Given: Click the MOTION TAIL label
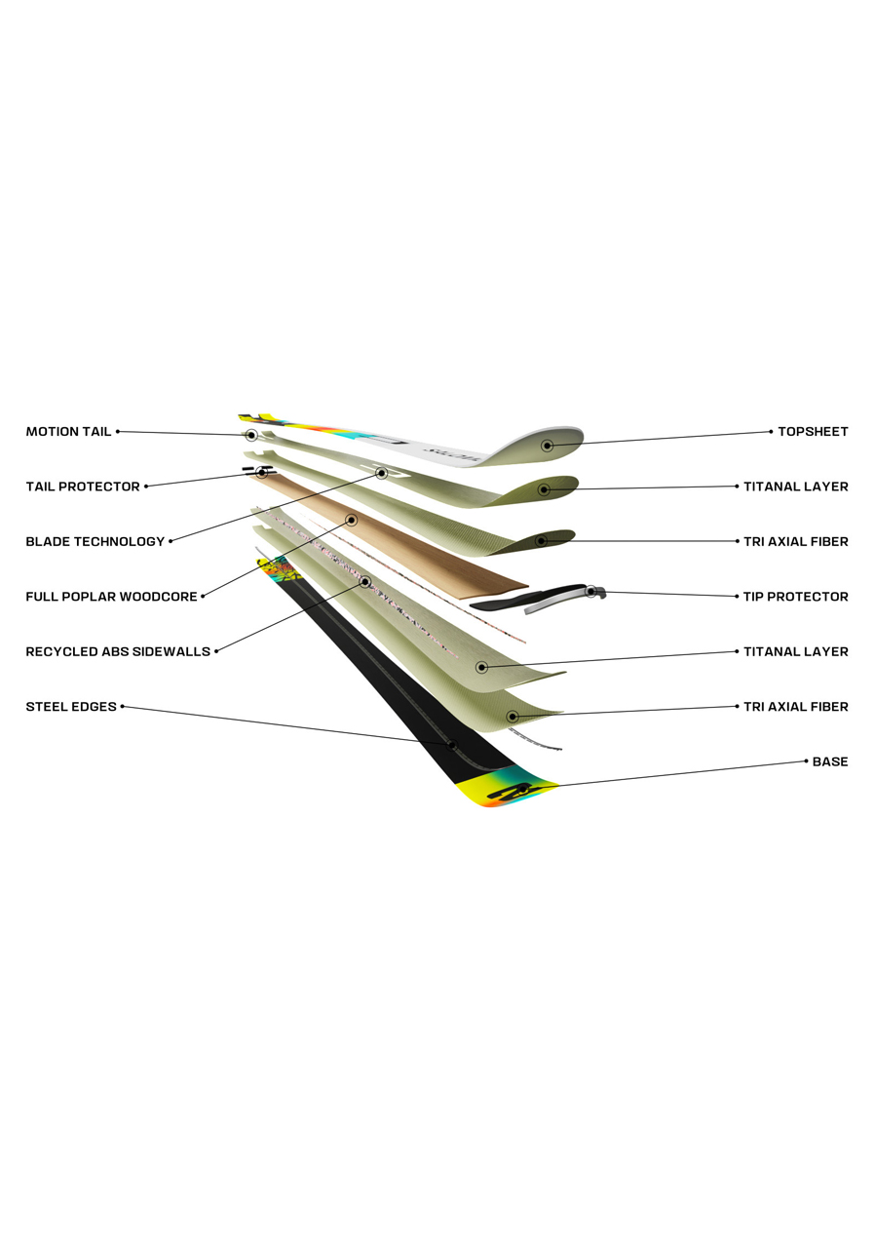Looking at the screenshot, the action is coord(68,432).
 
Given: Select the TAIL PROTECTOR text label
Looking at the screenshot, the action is coord(83,487).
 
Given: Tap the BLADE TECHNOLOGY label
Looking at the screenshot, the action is coord(95,542).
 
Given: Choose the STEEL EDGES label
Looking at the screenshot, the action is coord(71,707).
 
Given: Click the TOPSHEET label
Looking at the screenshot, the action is coord(813,432).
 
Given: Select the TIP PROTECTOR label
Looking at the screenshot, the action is coord(795,597).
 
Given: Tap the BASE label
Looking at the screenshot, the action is coord(830,761).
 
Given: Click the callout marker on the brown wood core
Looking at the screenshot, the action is coord(352,520).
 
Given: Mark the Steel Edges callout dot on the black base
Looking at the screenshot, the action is coord(453,745).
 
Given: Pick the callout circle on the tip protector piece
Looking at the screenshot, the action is coord(590,591).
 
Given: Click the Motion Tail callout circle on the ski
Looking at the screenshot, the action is coord(250,435).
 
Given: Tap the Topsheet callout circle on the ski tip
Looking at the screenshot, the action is coord(548,445).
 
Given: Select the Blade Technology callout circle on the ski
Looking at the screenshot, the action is coord(382,473).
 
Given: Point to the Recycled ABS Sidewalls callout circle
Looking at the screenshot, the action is coord(365,582).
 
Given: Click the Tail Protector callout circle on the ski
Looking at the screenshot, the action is coord(262,473).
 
